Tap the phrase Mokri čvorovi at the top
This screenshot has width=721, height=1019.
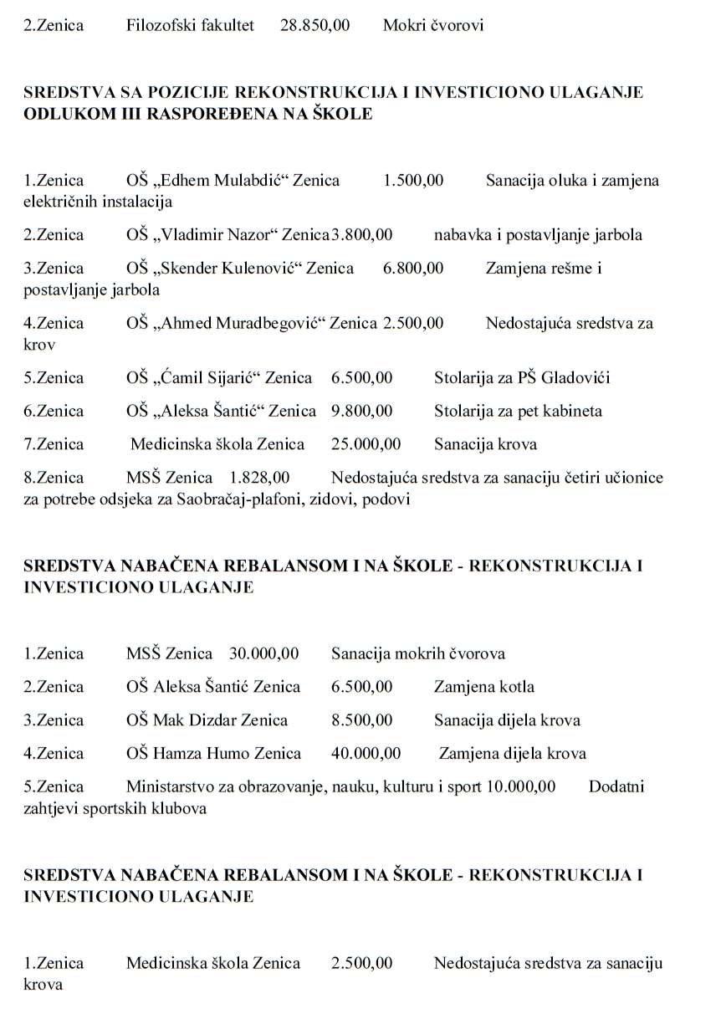point(432,25)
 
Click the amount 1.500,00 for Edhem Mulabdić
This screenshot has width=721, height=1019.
point(412,180)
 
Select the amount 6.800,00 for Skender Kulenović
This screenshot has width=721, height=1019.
point(412,268)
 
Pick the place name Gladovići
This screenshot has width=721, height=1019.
point(575,377)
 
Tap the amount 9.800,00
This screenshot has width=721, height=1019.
point(361,411)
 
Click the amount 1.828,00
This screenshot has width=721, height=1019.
point(259,478)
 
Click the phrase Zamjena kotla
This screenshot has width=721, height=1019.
point(483,687)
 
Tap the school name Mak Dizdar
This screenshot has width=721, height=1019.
point(220,720)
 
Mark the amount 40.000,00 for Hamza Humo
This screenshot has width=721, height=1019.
point(366,754)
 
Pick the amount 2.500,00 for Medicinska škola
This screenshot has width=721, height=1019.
point(361,963)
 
